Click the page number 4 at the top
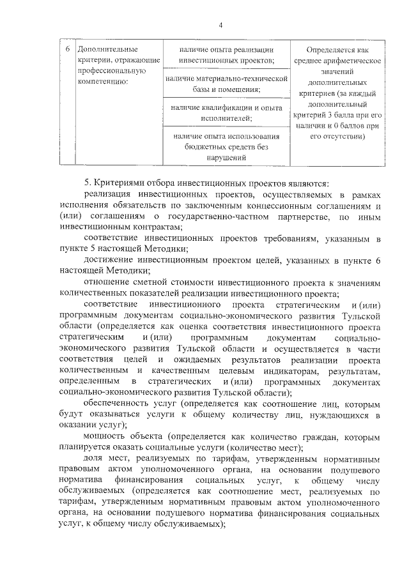coord(220,25)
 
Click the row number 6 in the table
coord(68,49)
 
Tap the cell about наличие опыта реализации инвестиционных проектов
coord(227,55)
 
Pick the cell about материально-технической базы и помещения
coord(227,84)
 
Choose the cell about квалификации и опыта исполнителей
coord(227,113)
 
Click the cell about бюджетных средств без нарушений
coord(227,147)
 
